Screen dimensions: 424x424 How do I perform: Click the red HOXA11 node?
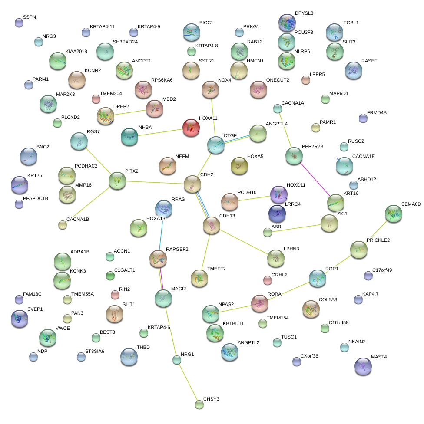pyautogui.click(x=190, y=128)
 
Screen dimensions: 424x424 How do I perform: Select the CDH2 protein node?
pyautogui.click(x=192, y=184)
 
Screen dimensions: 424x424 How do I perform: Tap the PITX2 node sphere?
pyautogui.click(x=117, y=180)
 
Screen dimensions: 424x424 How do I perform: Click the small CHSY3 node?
pyautogui.click(x=199, y=404)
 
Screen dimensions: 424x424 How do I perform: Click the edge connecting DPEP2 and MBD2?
pyautogui.click(x=129, y=112)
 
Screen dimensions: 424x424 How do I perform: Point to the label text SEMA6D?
pyautogui.click(x=411, y=204)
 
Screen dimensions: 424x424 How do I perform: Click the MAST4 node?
pyautogui.click(x=363, y=366)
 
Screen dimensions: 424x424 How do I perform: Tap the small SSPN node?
pyautogui.click(x=19, y=23)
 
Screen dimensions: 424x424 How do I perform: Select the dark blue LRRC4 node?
pyautogui.click(x=277, y=213)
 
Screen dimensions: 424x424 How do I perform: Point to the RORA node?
pyautogui.click(x=260, y=303)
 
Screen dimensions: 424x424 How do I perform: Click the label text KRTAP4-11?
pyautogui.click(x=102, y=26)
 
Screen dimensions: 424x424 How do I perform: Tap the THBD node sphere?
pyautogui.click(x=129, y=356)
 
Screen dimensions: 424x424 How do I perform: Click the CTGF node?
pyautogui.click(x=216, y=145)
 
